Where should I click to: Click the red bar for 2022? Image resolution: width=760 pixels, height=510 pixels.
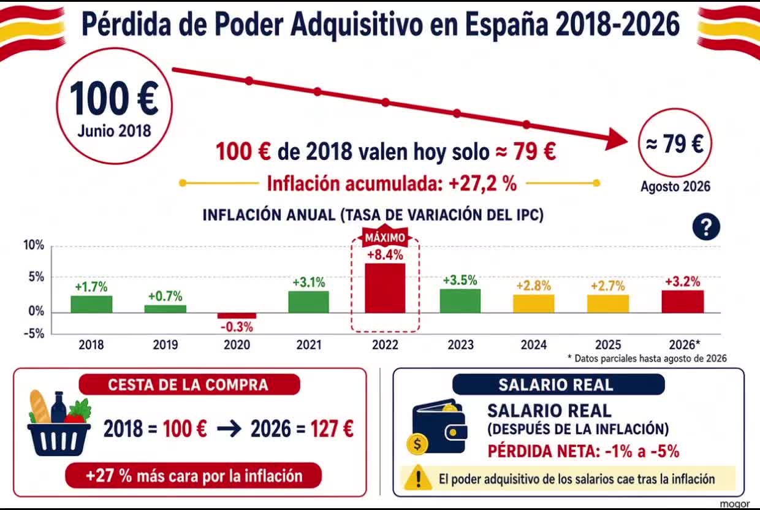click(385, 288)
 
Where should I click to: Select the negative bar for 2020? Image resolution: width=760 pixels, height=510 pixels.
click(237, 316)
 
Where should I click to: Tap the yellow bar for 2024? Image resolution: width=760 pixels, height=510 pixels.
click(534, 303)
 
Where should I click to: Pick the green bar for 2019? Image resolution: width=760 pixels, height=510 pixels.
click(165, 309)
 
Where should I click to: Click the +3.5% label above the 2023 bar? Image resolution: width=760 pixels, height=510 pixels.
click(460, 280)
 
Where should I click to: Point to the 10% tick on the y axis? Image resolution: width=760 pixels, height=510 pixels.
click(34, 245)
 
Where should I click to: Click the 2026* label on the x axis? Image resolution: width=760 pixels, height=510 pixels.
click(685, 344)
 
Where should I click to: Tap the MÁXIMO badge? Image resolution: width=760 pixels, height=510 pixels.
click(385, 237)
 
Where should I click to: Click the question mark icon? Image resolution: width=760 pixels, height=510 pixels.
click(707, 227)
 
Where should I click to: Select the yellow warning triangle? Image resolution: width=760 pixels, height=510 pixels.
click(419, 478)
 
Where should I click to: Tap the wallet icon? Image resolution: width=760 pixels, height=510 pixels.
click(438, 427)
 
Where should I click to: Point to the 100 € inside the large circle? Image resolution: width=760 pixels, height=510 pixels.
click(114, 99)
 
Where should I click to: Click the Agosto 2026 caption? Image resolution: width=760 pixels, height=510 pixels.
click(675, 186)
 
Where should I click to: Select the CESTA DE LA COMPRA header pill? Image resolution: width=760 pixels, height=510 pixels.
click(189, 384)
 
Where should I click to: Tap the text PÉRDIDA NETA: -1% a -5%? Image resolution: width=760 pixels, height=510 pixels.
click(583, 451)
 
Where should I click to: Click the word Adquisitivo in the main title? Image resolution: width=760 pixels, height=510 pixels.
click(356, 25)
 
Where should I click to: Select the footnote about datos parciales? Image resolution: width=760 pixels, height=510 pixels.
click(647, 359)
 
